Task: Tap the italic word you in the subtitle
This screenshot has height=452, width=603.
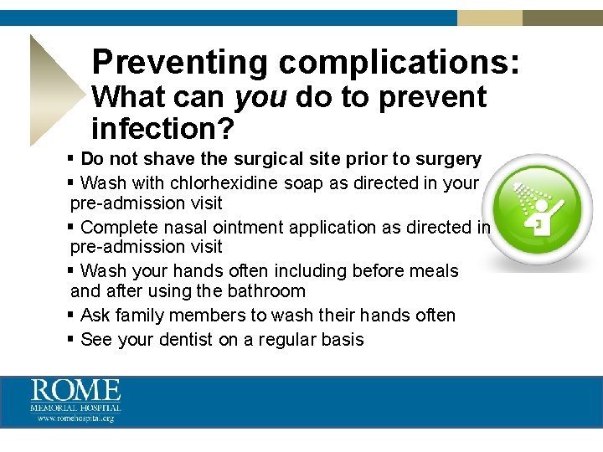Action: coord(260,98)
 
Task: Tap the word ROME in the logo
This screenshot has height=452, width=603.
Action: coord(75,391)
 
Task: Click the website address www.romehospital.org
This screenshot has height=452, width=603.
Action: coord(75,418)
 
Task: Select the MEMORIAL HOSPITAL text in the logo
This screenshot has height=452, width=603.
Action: coord(75,408)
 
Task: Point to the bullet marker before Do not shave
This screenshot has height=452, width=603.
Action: coord(71,159)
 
